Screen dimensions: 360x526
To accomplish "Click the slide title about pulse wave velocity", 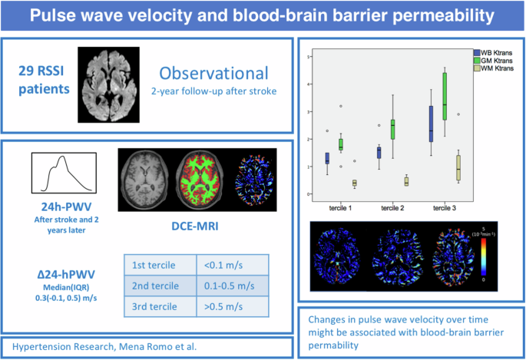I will tap(263, 16).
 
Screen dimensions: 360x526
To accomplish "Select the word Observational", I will tap(214, 74).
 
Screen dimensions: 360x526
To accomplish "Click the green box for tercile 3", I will tap(445, 97).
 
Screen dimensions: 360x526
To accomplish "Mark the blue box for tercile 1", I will tap(327, 158).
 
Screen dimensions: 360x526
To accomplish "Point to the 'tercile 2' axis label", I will tap(392, 207).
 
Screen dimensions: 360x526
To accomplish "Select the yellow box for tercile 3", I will tap(458, 165).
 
